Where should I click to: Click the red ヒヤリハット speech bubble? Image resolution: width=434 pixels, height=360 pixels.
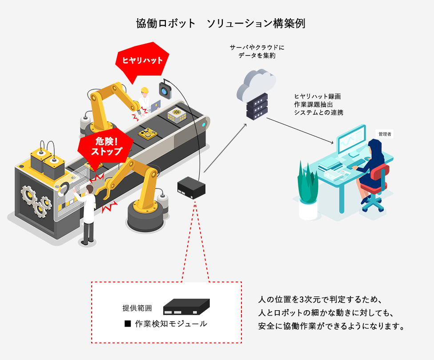tap(142, 60)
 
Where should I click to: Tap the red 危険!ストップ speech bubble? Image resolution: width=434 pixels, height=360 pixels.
tap(106, 147)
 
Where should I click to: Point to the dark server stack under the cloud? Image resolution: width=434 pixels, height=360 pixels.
tap(257, 106)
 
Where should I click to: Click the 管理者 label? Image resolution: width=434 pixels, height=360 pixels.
tap(385, 134)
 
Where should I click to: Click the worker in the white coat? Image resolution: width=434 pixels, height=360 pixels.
tap(88, 213)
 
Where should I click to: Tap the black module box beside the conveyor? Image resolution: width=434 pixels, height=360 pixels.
tap(191, 187)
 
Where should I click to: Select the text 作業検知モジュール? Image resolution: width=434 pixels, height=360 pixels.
tap(171, 324)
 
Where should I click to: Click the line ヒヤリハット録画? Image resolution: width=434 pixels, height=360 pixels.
tap(317, 96)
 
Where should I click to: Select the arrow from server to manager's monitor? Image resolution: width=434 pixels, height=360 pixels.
tap(300, 131)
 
